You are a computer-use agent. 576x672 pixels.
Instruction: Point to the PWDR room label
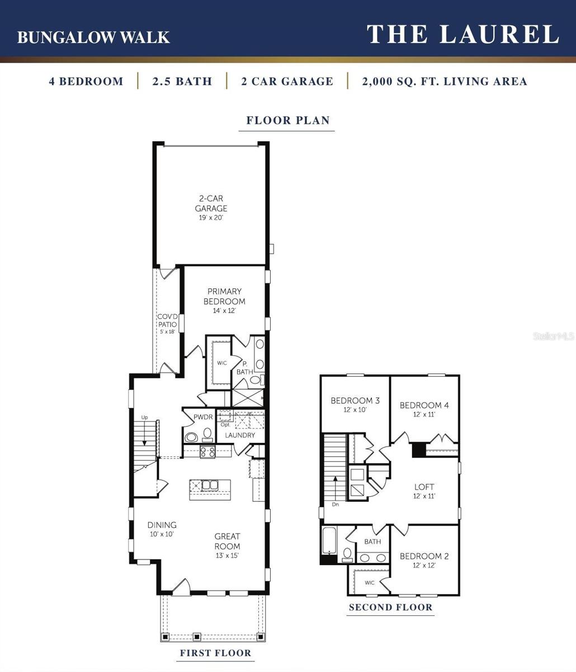tap(203, 417)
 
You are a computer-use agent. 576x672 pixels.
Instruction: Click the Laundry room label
tap(240, 435)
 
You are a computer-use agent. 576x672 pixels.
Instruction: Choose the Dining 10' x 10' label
tap(162, 529)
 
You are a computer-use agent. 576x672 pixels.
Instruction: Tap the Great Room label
tap(227, 541)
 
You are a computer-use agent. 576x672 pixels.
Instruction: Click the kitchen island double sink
tap(210, 485)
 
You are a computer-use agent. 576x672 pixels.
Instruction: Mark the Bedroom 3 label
tap(355, 404)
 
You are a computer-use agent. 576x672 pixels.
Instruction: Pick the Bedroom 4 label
tap(424, 409)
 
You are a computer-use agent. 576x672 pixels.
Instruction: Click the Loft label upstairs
tap(424, 491)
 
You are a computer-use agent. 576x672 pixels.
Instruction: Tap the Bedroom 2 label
tap(424, 560)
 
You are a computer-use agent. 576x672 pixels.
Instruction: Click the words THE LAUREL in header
tap(462, 34)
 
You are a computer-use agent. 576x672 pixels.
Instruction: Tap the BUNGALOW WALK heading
tap(93, 37)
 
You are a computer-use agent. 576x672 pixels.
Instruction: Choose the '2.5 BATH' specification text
tap(182, 81)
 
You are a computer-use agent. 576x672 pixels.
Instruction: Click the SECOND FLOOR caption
tap(390, 608)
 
